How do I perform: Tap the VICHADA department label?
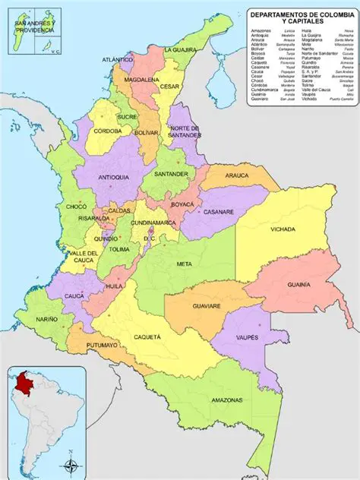(283, 229)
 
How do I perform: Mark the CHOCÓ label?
(77, 206)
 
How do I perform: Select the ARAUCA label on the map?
(237, 175)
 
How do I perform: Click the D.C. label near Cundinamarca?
(149, 238)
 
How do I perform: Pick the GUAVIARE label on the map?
(205, 306)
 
